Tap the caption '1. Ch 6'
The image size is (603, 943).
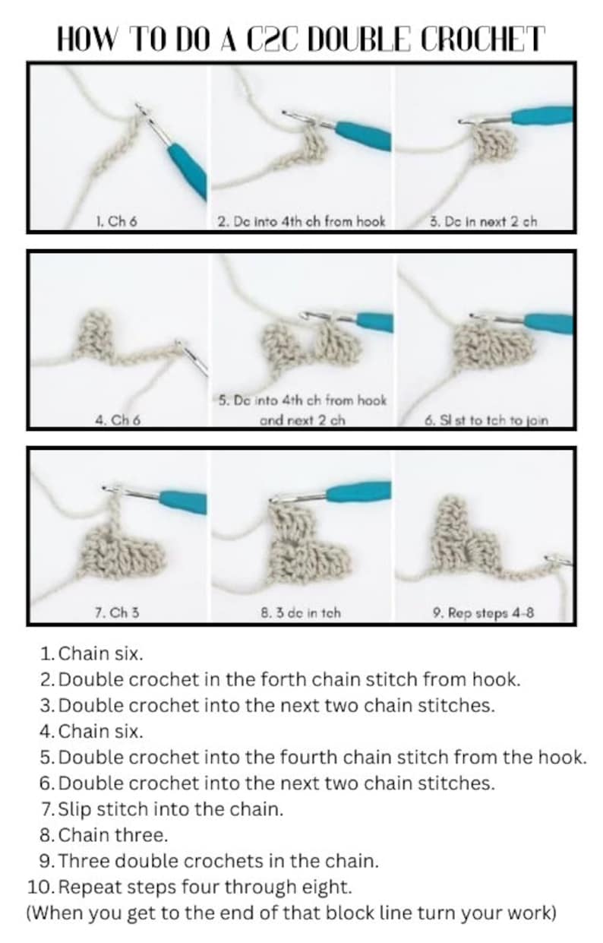(x=116, y=222)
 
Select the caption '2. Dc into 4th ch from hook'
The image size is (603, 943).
(x=301, y=222)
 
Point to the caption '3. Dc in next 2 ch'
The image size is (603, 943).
(x=483, y=222)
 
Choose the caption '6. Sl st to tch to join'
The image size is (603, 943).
(x=486, y=419)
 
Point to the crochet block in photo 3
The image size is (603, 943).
(x=491, y=144)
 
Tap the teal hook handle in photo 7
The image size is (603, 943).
(x=182, y=501)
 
